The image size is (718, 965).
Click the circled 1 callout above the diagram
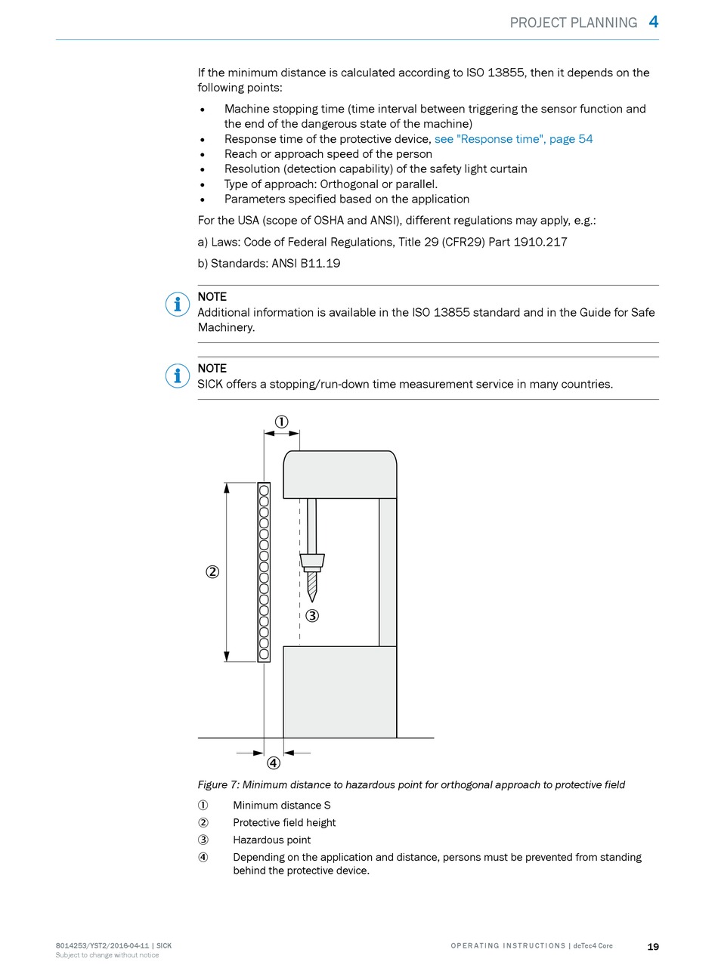click(x=281, y=422)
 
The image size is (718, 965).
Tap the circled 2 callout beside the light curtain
click(x=212, y=572)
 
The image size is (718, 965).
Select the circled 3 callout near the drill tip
click(x=312, y=616)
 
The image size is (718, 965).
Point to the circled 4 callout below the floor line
click(x=274, y=762)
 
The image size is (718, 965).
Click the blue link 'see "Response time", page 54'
click(x=513, y=139)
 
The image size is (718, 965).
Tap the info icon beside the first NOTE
click(x=177, y=305)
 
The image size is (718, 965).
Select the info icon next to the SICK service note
click(x=177, y=376)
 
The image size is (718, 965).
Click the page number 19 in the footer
click(x=653, y=947)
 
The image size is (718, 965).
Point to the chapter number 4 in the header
click(x=654, y=22)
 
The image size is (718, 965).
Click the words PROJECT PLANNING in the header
click(x=573, y=23)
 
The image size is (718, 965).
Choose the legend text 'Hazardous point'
click(x=271, y=840)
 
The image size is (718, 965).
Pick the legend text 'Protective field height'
click(x=284, y=822)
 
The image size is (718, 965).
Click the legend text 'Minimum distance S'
click(x=281, y=806)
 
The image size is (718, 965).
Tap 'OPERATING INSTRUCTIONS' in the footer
click(x=508, y=946)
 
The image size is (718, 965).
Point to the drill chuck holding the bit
click(x=312, y=561)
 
